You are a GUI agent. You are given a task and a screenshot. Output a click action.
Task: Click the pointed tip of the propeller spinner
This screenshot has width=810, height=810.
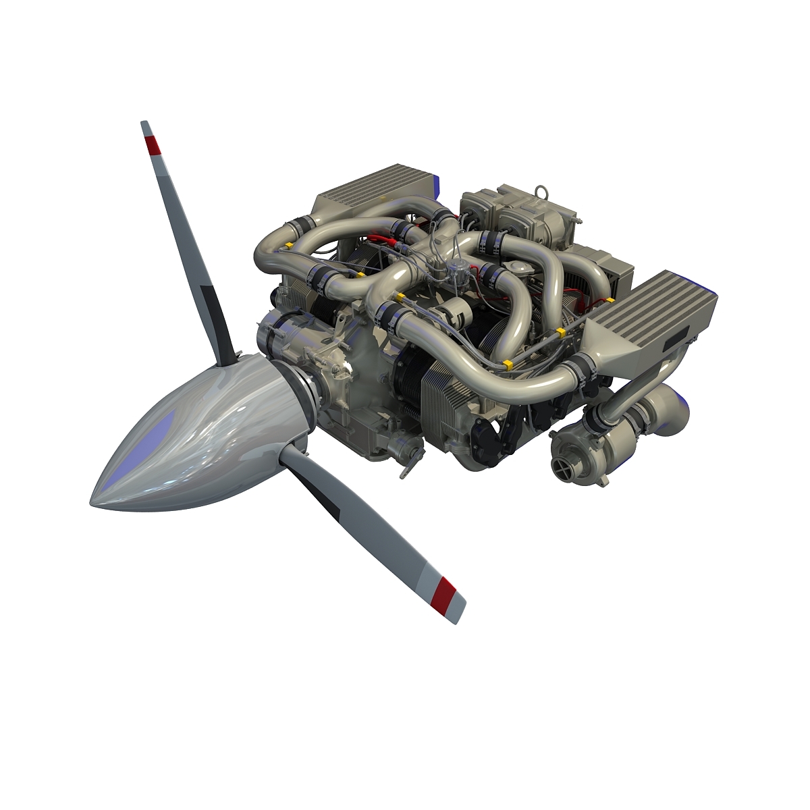94,500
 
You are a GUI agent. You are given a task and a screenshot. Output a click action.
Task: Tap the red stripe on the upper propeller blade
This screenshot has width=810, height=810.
153,144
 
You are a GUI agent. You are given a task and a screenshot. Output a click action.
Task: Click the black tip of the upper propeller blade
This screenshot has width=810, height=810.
144,127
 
